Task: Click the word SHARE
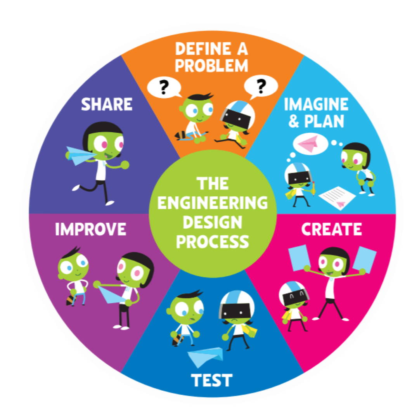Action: pyautogui.click(x=107, y=104)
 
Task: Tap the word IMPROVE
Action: pyautogui.click(x=90, y=229)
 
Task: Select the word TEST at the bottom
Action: pyautogui.click(x=211, y=380)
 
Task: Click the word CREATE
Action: pyautogui.click(x=331, y=229)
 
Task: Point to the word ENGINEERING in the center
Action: pyautogui.click(x=213, y=203)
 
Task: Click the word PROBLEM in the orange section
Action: pyautogui.click(x=211, y=66)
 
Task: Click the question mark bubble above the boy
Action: pyautogui.click(x=164, y=87)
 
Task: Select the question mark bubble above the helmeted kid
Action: pyautogui.click(x=261, y=86)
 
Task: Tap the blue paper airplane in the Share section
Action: pyautogui.click(x=79, y=156)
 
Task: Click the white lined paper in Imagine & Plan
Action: pyautogui.click(x=337, y=197)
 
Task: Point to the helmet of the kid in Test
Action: pyautogui.click(x=237, y=305)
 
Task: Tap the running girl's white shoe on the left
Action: pyautogui.click(x=76, y=188)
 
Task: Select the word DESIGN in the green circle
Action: pyautogui.click(x=213, y=222)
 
